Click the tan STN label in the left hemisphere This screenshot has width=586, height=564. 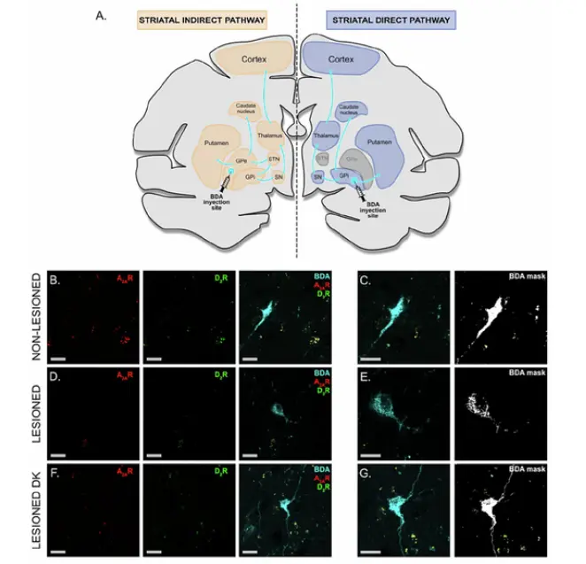point(274,160)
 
